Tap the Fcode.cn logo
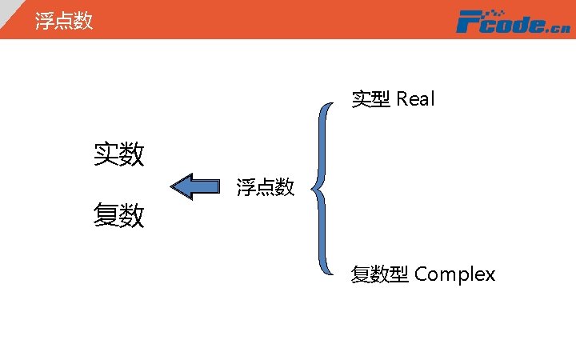[513, 22]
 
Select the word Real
[415, 99]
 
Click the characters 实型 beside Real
[371, 99]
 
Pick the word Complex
[454, 274]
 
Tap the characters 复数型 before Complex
[380, 274]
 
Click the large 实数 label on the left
[119, 154]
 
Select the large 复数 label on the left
[119, 215]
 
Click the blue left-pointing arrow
[196, 187]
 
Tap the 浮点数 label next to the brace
[266, 188]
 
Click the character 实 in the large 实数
[106, 154]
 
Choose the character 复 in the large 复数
[106, 215]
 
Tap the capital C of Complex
[421, 274]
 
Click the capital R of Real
[402, 99]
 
